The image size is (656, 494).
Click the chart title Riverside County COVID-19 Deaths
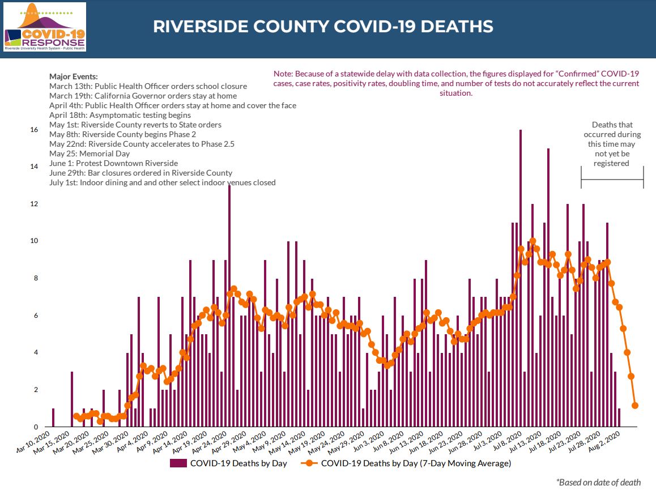coord(323,27)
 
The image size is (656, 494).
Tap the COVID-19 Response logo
coord(45,27)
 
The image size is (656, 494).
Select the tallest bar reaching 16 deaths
coord(521,278)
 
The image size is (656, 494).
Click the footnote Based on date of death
coord(599,482)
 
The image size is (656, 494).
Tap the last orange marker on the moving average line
coord(635,406)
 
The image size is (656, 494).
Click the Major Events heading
coord(74,76)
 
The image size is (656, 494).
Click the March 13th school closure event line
coord(148,86)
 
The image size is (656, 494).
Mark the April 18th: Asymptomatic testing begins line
coord(120,115)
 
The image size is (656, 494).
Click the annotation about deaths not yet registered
coord(612,144)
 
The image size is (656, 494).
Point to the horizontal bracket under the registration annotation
coord(612,180)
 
